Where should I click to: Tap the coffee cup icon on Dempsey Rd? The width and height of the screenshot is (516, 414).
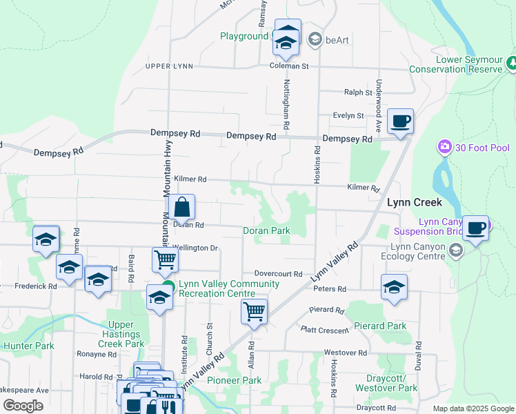[x=400, y=122]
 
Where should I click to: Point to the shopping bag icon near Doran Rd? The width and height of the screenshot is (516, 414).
[x=181, y=207]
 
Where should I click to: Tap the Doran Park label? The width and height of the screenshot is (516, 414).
[x=266, y=231]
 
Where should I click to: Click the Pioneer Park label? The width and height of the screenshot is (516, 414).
[x=235, y=380]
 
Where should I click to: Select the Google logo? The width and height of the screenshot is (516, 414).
[x=23, y=405]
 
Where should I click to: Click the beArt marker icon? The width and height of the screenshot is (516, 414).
[x=315, y=39]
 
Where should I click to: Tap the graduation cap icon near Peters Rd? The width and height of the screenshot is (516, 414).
[x=394, y=287]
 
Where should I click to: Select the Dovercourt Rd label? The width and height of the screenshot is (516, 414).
[x=278, y=274]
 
